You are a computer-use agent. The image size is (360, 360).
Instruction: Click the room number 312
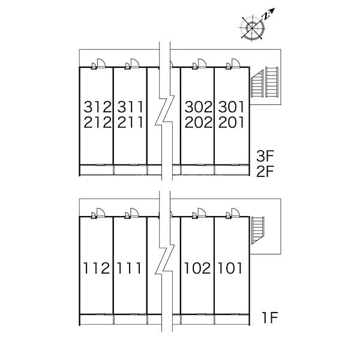[x=98, y=107]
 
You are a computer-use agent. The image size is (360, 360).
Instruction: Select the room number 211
[x=130, y=122]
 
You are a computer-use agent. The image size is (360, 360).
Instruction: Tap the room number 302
[x=199, y=107]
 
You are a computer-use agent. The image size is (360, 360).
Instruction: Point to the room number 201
[x=231, y=122]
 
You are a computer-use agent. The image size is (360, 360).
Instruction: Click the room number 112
[x=96, y=268]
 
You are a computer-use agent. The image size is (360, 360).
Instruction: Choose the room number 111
[x=129, y=268]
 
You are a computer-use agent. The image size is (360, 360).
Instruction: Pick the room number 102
[x=197, y=268]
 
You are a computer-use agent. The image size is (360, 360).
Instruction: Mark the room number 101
[x=230, y=268]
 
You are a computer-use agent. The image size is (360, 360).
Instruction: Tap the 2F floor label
[x=265, y=172]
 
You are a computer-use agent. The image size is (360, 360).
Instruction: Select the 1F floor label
[x=270, y=317]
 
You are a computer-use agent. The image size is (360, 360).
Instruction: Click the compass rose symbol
[x=253, y=28]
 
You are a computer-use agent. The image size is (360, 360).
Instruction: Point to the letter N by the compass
[x=266, y=16]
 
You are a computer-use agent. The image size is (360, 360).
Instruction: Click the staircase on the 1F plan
[x=257, y=230]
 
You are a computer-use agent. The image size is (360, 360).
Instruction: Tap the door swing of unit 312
[x=101, y=63]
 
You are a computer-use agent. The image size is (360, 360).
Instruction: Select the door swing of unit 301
[x=236, y=63]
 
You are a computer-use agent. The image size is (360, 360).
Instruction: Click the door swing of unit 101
[x=236, y=213]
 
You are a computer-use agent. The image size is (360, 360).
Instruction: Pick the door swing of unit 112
[x=101, y=213]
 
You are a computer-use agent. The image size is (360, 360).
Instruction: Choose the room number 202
[x=199, y=122]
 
